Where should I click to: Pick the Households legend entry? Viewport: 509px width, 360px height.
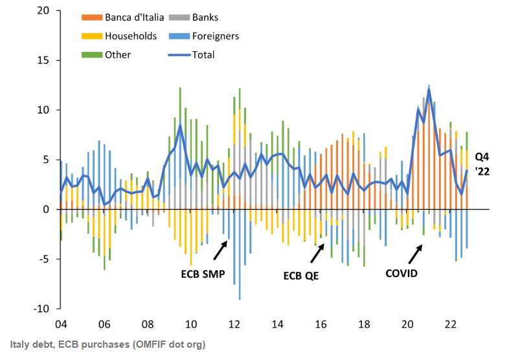coord(130,36)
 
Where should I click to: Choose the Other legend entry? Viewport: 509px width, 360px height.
coord(117,55)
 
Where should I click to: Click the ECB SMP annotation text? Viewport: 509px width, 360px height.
coord(203,274)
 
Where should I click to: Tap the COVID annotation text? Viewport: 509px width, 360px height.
coord(402,273)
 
